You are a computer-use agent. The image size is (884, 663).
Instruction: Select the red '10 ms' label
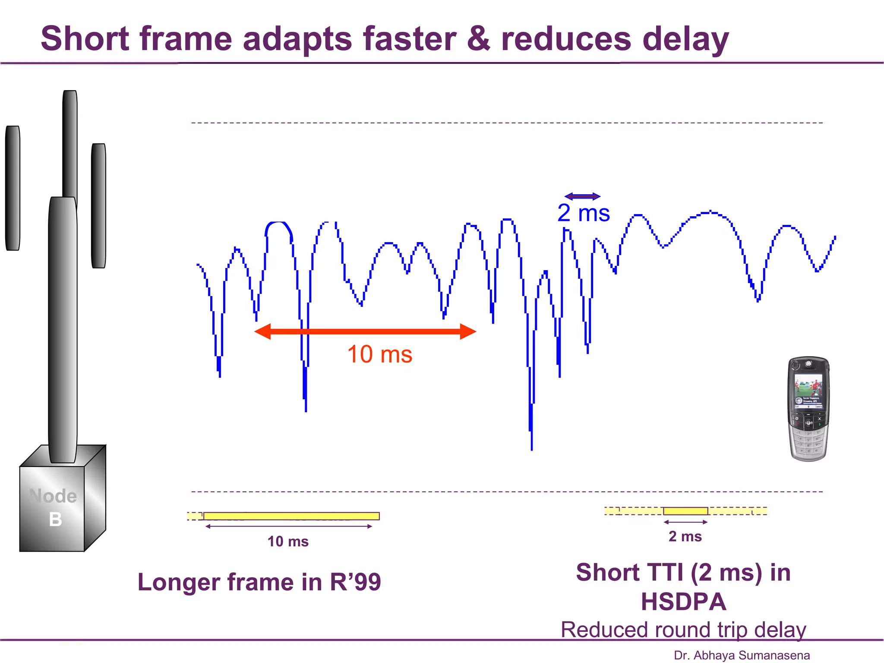pos(379,354)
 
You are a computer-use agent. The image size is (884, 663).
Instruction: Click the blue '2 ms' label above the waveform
pos(583,213)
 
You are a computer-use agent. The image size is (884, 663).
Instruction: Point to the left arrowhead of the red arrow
pos(263,331)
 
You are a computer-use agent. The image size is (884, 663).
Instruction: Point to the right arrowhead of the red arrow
pos(468,331)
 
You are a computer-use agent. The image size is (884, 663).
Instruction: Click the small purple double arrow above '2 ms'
pos(582,196)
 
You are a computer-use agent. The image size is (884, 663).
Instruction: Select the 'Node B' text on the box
pos(54,507)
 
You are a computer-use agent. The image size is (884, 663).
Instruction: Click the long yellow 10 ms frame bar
pos(291,516)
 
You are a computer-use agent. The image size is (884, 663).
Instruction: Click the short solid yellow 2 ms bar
pos(685,511)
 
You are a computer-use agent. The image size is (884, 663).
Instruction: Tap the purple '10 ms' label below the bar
pos(288,541)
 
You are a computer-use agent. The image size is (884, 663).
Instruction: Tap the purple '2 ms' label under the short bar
pos(685,536)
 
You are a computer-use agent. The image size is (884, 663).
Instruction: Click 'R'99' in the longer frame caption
pos(355,582)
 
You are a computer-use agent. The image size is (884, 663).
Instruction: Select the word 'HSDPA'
pos(683,601)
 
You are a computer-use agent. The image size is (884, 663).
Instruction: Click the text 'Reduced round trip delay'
pos(683,629)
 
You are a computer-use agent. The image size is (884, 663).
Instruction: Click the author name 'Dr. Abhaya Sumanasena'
pos(742,655)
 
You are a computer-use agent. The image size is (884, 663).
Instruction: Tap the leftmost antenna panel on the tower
pos(13,188)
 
